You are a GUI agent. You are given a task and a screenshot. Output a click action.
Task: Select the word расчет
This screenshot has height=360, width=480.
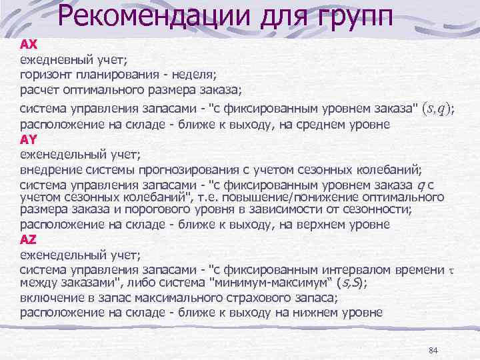pos(38,90)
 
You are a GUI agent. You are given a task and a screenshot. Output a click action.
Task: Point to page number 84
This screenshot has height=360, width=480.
pos(433,350)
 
